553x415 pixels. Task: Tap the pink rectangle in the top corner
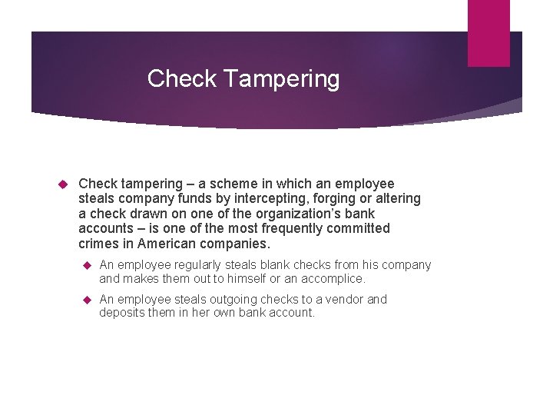(489, 33)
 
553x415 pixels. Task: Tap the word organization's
(295, 214)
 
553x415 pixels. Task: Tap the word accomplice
(335, 279)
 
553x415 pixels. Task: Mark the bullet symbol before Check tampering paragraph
(65, 184)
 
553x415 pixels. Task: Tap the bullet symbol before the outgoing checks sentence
(87, 300)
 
